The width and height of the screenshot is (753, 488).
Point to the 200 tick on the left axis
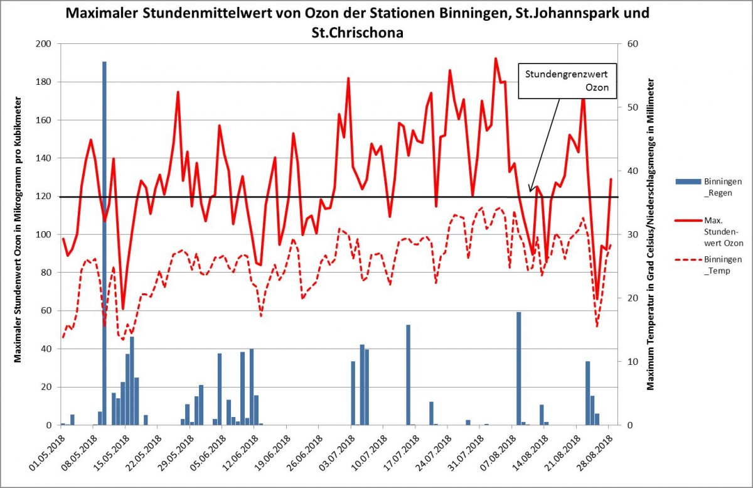45,44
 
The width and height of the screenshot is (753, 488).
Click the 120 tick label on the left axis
45,197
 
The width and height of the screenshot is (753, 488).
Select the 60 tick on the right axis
629,44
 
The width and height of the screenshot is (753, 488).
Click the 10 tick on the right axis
629,362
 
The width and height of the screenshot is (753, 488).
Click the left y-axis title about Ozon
18,230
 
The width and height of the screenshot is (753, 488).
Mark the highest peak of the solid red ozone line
496,58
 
